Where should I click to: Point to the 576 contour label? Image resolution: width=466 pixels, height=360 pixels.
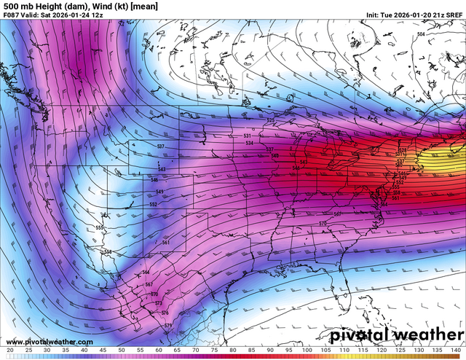click(x=165, y=312)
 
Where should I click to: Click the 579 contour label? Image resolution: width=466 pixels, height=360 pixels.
click(x=168, y=325)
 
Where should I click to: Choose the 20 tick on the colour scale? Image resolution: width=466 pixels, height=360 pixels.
click(x=9, y=351)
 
